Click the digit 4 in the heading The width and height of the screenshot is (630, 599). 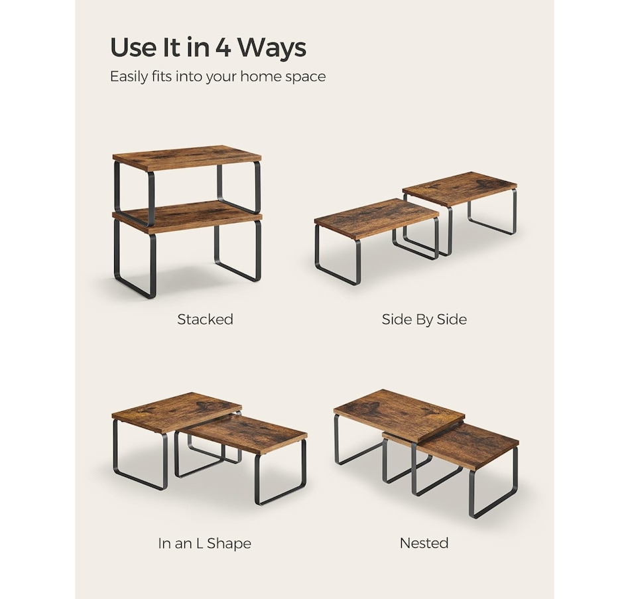click(223, 48)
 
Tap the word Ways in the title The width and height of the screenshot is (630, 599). click(272, 48)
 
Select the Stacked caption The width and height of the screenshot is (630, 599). click(206, 319)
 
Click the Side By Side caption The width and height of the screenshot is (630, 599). click(424, 319)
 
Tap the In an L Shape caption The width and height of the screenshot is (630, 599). click(204, 543)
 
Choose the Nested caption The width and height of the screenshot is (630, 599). click(424, 543)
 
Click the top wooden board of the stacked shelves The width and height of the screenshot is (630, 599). click(187, 157)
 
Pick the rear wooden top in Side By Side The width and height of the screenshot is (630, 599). click(460, 188)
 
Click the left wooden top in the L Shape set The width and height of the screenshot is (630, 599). click(177, 413)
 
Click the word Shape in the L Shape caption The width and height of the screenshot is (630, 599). click(229, 544)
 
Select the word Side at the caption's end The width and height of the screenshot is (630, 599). click(452, 319)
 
